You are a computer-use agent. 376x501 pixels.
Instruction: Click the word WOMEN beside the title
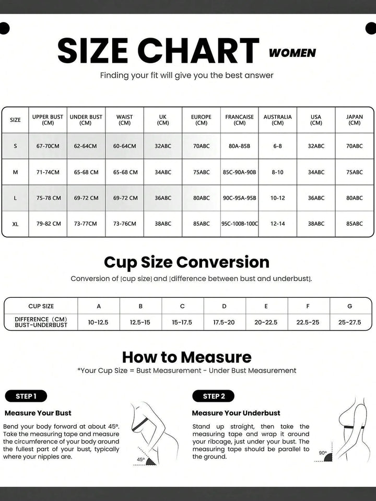click(292, 53)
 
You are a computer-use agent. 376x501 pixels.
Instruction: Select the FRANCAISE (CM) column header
click(239, 120)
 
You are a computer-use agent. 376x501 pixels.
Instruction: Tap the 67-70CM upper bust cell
click(48, 146)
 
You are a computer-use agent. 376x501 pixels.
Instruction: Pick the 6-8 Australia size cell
click(277, 146)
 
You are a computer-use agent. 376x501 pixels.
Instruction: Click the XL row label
click(15, 224)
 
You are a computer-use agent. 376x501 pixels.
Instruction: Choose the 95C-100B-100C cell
click(239, 224)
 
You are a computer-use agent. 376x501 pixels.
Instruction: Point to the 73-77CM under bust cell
click(86, 224)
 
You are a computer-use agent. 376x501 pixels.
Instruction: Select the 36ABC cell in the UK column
click(163, 198)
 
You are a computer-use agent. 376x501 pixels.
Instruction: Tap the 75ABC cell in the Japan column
click(354, 172)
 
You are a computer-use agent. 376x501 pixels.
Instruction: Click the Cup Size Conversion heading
click(186, 262)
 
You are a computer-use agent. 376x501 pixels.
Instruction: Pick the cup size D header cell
click(224, 306)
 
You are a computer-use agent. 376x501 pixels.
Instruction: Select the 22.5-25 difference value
click(308, 322)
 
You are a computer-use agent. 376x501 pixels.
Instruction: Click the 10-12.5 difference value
click(98, 322)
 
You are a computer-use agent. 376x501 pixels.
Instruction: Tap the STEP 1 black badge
click(26, 396)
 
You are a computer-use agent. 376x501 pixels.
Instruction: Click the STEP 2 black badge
click(213, 396)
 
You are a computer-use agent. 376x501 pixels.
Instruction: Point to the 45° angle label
click(141, 460)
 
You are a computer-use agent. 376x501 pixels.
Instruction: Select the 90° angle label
click(323, 453)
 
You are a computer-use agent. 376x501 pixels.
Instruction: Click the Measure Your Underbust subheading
click(236, 413)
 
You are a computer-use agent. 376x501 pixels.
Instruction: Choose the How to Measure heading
click(186, 357)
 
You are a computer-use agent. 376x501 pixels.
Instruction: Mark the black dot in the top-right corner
click(370, 28)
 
